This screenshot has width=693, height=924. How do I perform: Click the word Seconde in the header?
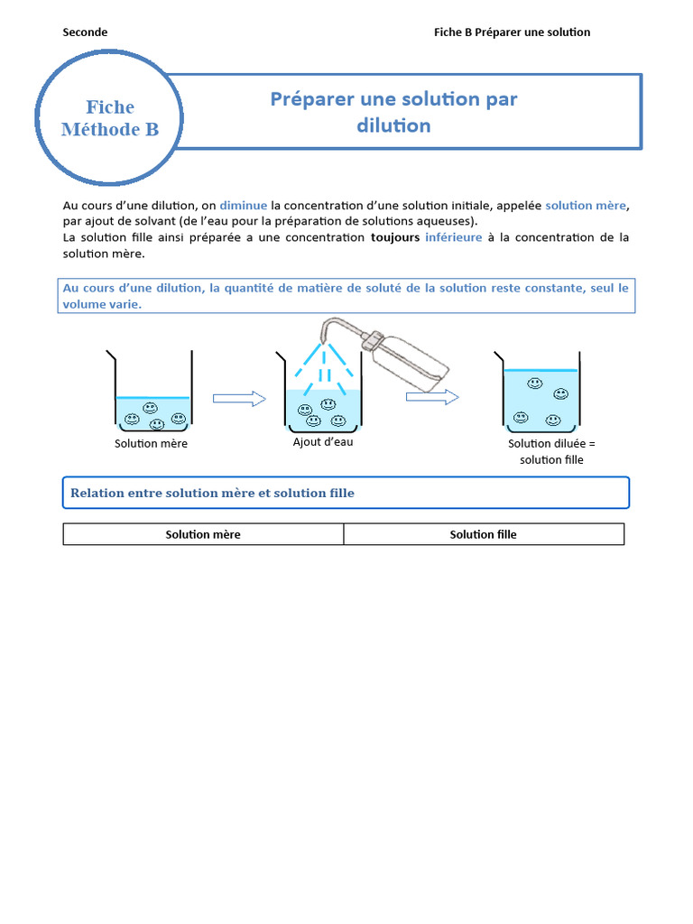click(x=85, y=32)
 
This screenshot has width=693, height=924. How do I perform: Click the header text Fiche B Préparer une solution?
click(x=512, y=32)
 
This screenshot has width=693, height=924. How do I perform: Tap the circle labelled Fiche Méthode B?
click(x=110, y=118)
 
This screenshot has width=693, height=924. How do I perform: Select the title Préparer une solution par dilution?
click(x=393, y=112)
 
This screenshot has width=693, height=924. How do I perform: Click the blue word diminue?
click(x=244, y=206)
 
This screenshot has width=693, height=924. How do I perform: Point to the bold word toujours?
click(x=395, y=238)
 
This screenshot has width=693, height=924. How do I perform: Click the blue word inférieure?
click(x=453, y=238)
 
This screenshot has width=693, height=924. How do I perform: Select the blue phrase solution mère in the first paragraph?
click(x=586, y=206)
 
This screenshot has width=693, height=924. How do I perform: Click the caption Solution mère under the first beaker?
click(x=151, y=444)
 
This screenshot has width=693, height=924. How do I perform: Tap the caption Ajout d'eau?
click(x=322, y=442)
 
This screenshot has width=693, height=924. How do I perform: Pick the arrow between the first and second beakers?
click(x=239, y=399)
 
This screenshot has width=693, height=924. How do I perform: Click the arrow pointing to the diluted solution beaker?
click(x=431, y=397)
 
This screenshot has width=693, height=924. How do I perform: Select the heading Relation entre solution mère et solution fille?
click(x=212, y=494)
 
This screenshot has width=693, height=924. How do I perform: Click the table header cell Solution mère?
click(x=203, y=534)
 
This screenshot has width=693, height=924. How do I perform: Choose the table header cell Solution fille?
click(x=483, y=534)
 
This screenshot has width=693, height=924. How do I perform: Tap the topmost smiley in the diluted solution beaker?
click(x=535, y=383)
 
